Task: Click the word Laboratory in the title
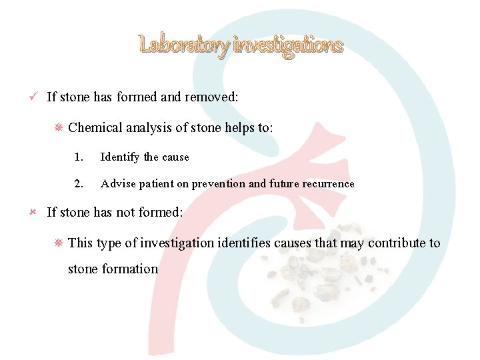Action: point(184,45)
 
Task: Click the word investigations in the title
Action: point(288,45)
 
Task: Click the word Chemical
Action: point(94,127)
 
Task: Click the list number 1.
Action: point(79,157)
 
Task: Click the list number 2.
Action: point(79,184)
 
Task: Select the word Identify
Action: point(120,157)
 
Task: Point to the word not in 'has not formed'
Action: point(127,213)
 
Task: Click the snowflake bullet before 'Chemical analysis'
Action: point(57,127)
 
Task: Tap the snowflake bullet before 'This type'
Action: point(57,243)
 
